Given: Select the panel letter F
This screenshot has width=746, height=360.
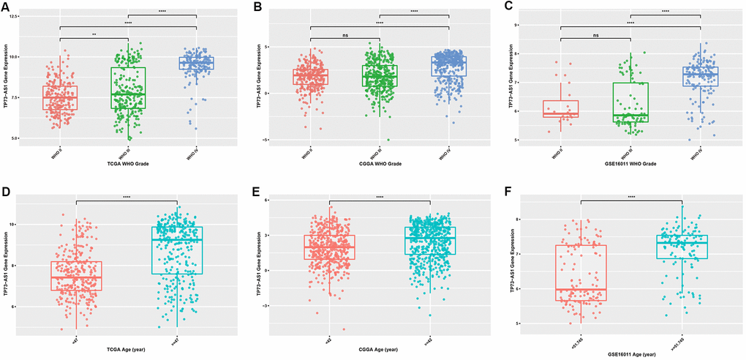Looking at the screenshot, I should coord(508,193).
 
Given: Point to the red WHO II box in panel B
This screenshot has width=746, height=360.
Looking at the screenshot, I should coord(310,77).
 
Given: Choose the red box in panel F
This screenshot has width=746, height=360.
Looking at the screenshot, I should coord(581,273).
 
